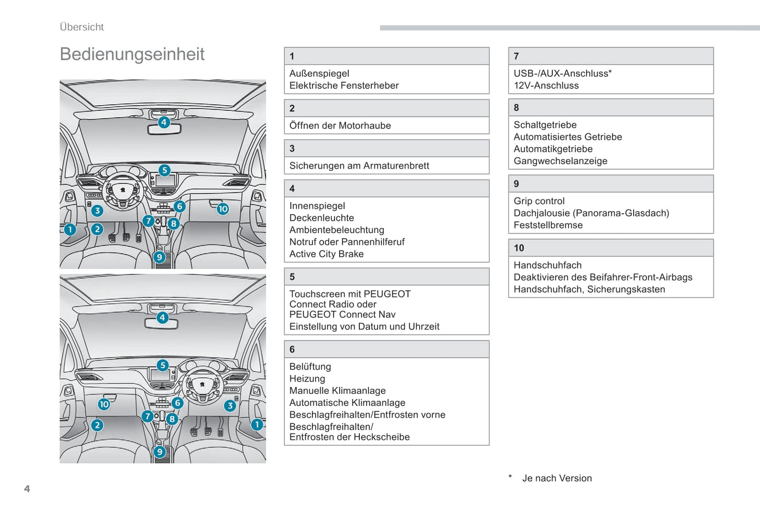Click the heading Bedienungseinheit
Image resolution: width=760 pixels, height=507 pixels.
132,54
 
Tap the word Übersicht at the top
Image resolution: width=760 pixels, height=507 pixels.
82,27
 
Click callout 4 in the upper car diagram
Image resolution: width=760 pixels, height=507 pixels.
164,122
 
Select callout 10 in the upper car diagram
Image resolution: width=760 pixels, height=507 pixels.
223,209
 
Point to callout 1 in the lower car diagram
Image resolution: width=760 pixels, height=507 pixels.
257,424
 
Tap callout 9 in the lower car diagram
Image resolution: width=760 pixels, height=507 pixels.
160,452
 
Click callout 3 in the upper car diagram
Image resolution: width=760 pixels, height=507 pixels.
97,211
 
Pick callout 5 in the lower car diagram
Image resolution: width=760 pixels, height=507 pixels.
163,365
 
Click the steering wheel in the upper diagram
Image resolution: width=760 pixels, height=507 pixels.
123,190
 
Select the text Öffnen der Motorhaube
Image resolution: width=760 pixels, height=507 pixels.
340,126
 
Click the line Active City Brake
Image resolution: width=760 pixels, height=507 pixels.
326,254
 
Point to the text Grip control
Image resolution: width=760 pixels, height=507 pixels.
539,201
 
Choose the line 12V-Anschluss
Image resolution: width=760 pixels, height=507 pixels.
546,86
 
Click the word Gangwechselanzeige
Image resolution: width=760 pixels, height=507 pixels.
560,161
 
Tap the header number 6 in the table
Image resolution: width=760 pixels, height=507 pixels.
292,349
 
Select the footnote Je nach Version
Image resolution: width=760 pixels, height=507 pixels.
556,478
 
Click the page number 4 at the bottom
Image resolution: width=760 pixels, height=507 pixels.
27,489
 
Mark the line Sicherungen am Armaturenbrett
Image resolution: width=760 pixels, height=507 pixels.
359,166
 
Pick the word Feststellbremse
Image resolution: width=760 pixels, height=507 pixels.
548,225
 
